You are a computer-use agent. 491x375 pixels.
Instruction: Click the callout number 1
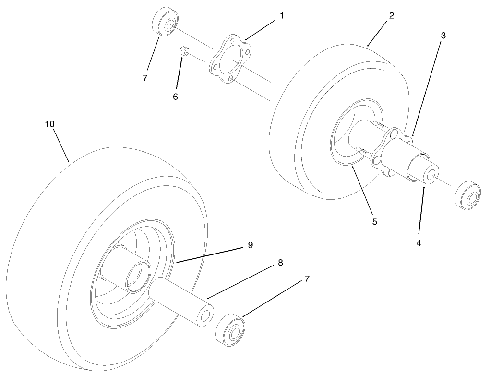[x=282, y=15]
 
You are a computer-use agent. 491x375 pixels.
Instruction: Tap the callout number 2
[x=392, y=16]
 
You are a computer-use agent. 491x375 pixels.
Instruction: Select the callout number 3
[x=443, y=36]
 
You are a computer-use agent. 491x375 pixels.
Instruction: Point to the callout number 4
[x=419, y=243]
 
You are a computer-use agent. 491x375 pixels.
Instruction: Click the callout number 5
[x=375, y=222]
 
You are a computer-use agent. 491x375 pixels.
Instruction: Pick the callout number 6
[x=175, y=97]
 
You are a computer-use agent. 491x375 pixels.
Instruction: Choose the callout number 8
[x=280, y=263]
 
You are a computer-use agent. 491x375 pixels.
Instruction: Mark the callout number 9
[x=250, y=245]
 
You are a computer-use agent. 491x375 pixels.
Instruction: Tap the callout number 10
[x=50, y=124]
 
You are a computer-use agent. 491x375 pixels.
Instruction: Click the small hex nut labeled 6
[x=184, y=51]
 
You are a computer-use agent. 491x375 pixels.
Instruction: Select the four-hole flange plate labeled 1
[x=230, y=59]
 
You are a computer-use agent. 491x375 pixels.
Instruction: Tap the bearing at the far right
[x=467, y=195]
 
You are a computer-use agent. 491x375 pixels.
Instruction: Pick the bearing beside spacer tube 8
[x=230, y=329]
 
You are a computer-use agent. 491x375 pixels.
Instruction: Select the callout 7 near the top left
[x=144, y=78]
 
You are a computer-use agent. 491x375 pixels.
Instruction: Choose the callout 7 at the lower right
[x=307, y=278]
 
